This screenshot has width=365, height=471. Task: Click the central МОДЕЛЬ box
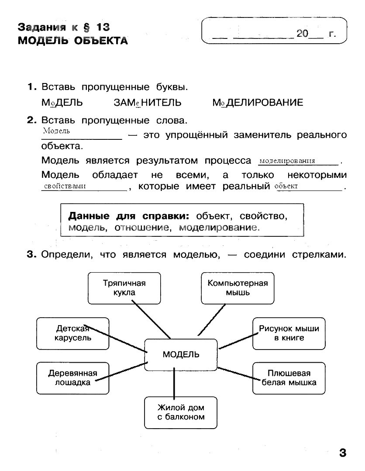click(x=181, y=354)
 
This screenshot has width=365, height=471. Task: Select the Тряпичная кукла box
click(x=124, y=288)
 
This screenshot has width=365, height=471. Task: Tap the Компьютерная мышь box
click(x=238, y=288)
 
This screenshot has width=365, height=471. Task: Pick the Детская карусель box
click(x=72, y=333)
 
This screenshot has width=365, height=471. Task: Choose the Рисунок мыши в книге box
click(x=289, y=333)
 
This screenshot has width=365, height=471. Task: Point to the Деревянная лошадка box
click(x=72, y=378)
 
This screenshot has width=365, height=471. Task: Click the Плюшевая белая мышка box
click(x=289, y=378)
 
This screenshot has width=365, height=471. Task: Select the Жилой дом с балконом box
click(x=181, y=412)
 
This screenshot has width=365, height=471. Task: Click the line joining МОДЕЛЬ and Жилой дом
click(x=174, y=383)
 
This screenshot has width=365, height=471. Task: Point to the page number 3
click(x=342, y=453)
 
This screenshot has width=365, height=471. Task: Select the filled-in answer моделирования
click(x=287, y=161)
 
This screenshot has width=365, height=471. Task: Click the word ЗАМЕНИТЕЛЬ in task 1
click(x=147, y=103)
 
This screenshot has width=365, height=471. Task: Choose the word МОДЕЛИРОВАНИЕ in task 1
click(x=257, y=103)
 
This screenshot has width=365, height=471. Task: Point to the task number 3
click(x=31, y=255)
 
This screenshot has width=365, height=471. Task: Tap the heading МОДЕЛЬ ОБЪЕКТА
click(x=73, y=41)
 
